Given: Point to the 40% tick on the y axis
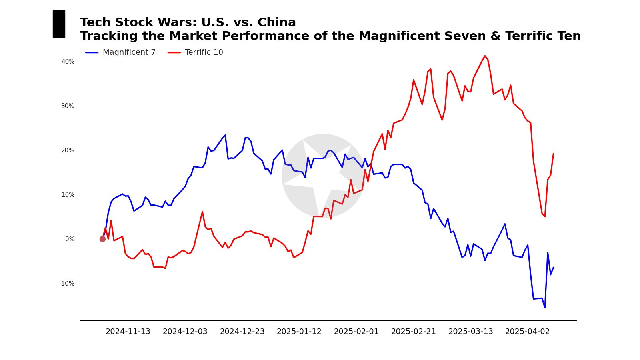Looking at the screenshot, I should pyautogui.click(x=68, y=62).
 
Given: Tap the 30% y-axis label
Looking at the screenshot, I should pyautogui.click(x=68, y=106).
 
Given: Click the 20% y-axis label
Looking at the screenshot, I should pyautogui.click(x=68, y=150).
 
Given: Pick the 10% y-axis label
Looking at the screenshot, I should pyautogui.click(x=68, y=195).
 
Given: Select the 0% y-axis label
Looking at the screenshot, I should pyautogui.click(x=70, y=239).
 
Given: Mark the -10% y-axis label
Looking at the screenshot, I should pyautogui.click(x=67, y=284).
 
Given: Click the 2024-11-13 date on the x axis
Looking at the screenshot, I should pyautogui.click(x=128, y=332).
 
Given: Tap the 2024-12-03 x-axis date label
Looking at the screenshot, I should pyautogui.click(x=185, y=332).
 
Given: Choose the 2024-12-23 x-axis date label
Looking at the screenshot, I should pyautogui.click(x=242, y=332).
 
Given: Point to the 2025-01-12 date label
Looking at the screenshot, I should pyautogui.click(x=299, y=332).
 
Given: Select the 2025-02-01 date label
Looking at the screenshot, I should pyautogui.click(x=356, y=332).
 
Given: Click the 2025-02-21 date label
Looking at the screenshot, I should pyautogui.click(x=414, y=332).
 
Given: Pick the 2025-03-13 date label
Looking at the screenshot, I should pyautogui.click(x=471, y=332).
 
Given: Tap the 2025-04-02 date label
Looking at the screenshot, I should pyautogui.click(x=528, y=332).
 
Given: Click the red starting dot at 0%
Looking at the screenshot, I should pyautogui.click(x=103, y=239).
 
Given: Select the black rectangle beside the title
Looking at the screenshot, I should pyautogui.click(x=59, y=24).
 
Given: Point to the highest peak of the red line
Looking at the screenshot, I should pyautogui.click(x=485, y=56).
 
